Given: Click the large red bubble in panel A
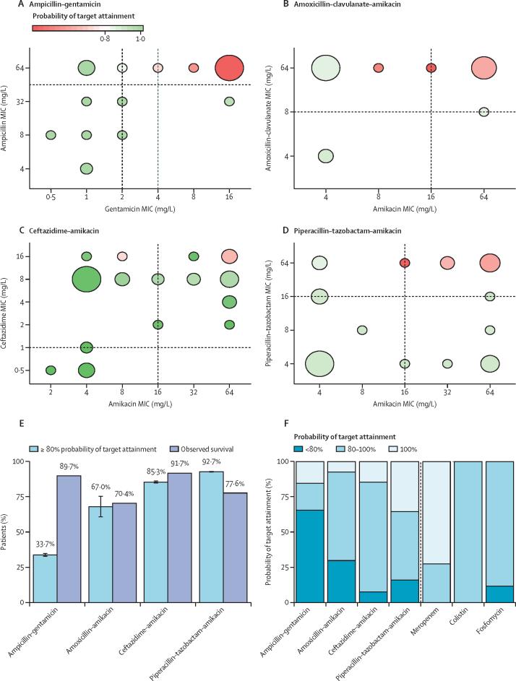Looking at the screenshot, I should [x=228, y=68].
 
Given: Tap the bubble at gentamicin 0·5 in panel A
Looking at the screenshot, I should [x=51, y=135].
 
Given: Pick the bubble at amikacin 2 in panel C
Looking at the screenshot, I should [x=51, y=370].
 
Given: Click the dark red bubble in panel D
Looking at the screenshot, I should [x=405, y=263].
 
